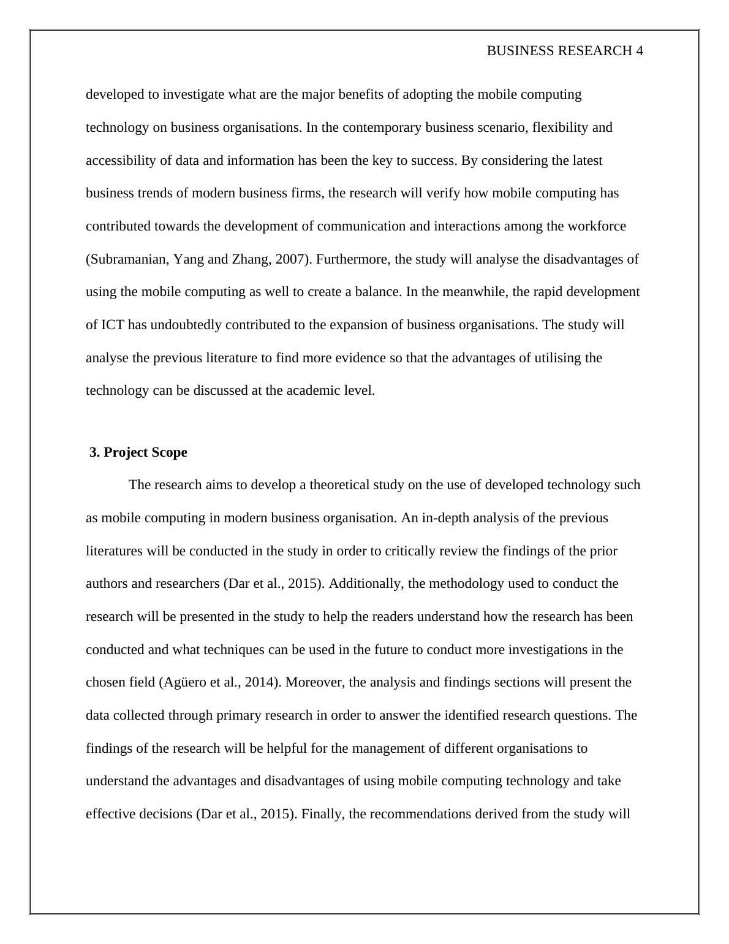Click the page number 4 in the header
[640, 51]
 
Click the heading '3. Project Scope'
[138, 452]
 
